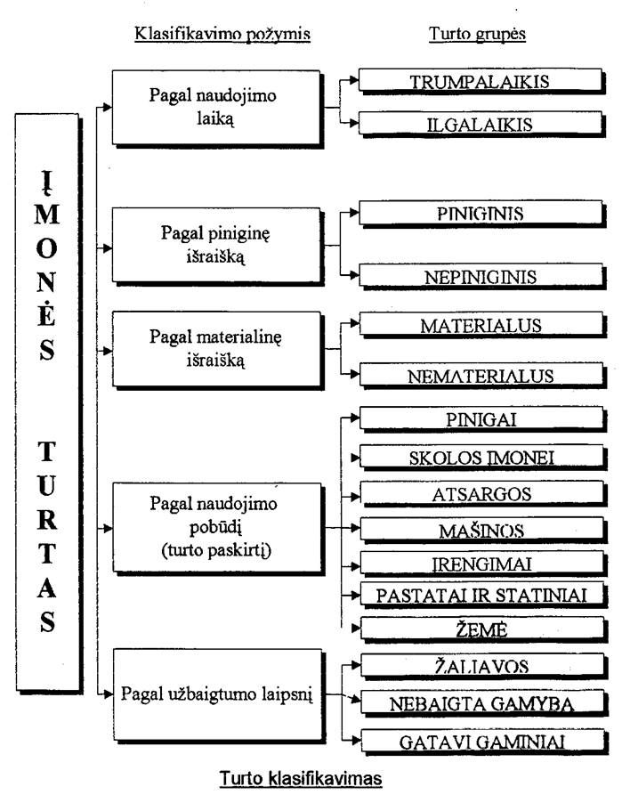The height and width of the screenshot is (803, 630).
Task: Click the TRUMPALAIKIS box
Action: click(x=481, y=81)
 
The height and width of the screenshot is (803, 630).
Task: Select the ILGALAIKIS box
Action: click(x=481, y=124)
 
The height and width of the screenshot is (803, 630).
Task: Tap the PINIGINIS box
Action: click(x=481, y=214)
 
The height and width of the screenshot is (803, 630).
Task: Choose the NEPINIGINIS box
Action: click(x=481, y=277)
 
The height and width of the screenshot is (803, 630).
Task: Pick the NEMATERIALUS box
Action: click(x=482, y=376)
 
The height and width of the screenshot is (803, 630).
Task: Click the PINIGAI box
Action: click(x=482, y=419)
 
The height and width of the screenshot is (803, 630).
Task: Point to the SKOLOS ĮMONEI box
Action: click(x=482, y=458)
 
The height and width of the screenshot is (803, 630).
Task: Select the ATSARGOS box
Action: click(x=482, y=494)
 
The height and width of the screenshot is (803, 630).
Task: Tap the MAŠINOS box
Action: click(x=482, y=530)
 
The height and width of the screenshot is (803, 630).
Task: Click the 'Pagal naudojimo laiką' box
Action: click(x=217, y=109)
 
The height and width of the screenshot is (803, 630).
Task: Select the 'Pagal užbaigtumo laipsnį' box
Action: click(x=219, y=696)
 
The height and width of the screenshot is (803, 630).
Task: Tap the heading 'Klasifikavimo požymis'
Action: click(x=222, y=34)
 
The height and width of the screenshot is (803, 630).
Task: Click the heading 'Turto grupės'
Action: click(x=477, y=34)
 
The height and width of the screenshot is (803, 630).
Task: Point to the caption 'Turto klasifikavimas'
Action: click(x=301, y=778)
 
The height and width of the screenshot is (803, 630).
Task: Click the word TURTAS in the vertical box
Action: click(x=46, y=536)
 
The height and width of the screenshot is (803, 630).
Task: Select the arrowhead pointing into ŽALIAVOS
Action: click(x=356, y=665)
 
